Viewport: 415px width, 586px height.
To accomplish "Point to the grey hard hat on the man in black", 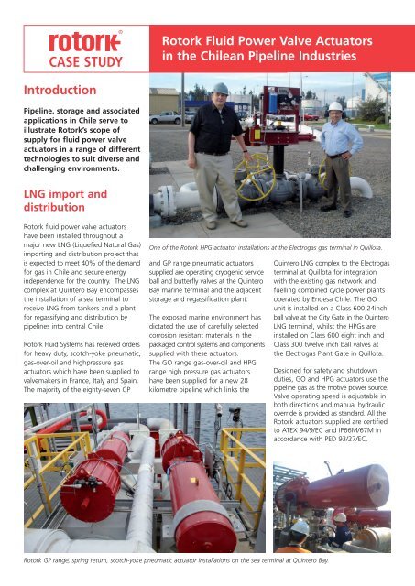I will pos(222,89).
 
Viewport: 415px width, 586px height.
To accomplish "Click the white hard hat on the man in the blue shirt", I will pos(336,107).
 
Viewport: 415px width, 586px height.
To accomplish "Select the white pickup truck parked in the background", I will pos(166,118).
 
